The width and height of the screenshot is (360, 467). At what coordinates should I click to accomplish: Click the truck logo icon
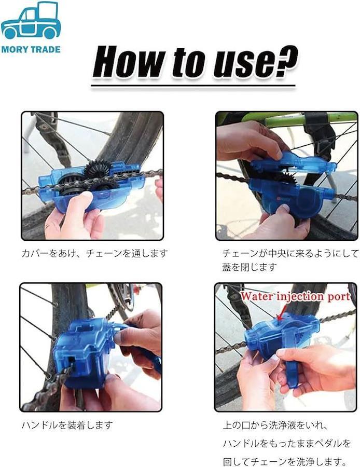click(x=31, y=21)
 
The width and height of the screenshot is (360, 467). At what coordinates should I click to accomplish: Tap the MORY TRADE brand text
click(x=31, y=49)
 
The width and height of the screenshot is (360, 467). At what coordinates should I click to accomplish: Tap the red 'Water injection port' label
click(x=295, y=296)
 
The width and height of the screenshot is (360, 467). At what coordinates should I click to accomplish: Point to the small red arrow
click(x=281, y=314)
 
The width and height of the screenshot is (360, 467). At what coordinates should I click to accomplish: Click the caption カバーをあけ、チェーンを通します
click(x=95, y=254)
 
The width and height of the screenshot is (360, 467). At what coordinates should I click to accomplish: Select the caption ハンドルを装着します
click(x=67, y=425)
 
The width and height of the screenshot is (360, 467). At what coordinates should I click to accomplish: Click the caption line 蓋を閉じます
click(x=250, y=267)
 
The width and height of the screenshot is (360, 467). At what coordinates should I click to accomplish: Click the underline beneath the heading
click(x=193, y=87)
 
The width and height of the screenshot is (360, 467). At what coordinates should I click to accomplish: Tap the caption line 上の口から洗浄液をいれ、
click(x=276, y=425)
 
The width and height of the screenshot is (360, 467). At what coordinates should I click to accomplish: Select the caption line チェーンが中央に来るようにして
click(x=290, y=253)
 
